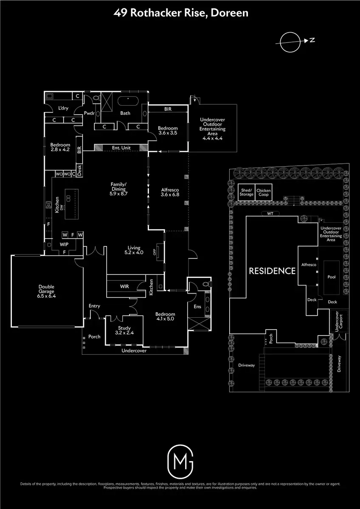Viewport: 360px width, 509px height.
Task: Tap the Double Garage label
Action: [x=46, y=289]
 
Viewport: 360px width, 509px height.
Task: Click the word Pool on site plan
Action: [x=332, y=276]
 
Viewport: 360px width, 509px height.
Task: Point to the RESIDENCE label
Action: [x=272, y=271]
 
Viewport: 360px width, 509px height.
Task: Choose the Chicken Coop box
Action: [x=263, y=193]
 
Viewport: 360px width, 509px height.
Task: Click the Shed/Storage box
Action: [x=247, y=193]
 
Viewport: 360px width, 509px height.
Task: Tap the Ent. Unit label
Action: [x=121, y=148]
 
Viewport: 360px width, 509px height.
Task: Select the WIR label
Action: [x=124, y=287]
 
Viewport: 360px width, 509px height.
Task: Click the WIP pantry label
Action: [x=64, y=245]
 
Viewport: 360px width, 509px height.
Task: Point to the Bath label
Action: [x=125, y=113]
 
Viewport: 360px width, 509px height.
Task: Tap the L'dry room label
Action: [x=64, y=108]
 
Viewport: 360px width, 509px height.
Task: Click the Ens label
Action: [x=197, y=306]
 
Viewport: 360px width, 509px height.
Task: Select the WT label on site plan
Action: [x=270, y=213]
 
